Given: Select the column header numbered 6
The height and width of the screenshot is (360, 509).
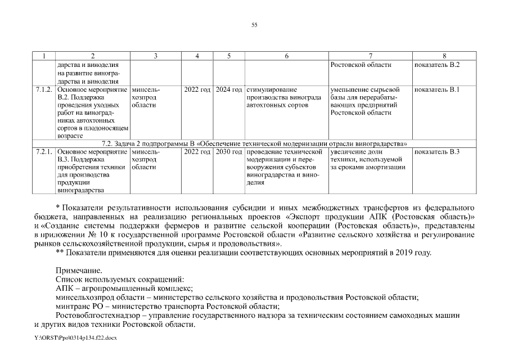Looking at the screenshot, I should click(x=286, y=56).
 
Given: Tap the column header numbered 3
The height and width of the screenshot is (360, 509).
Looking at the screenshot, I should click(x=155, y=56).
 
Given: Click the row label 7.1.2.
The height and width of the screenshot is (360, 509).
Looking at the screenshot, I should click(x=44, y=89).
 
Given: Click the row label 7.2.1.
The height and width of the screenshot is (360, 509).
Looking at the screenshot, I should click(x=44, y=152).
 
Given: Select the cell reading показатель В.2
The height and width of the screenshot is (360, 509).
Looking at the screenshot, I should click(x=437, y=65).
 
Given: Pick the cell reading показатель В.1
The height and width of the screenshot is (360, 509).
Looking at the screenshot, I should click(x=437, y=89).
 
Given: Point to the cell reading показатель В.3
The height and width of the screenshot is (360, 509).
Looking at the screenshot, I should click(x=437, y=152).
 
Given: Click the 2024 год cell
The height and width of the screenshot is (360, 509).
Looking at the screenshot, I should click(x=229, y=89).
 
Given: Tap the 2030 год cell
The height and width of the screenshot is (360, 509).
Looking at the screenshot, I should click(x=229, y=152).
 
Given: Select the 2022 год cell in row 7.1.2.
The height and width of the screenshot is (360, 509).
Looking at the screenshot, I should click(x=197, y=89).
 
